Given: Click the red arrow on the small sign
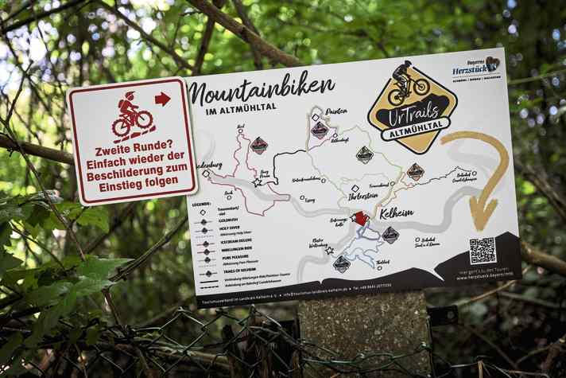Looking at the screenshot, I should (x=163, y=99).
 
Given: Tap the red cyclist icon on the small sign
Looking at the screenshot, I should (x=131, y=116).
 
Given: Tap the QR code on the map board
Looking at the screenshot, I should (x=482, y=250).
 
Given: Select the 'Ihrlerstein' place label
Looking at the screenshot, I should (x=366, y=196).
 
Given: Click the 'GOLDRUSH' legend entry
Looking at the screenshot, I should (x=227, y=220).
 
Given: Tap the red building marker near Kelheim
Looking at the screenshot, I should (x=360, y=218).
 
